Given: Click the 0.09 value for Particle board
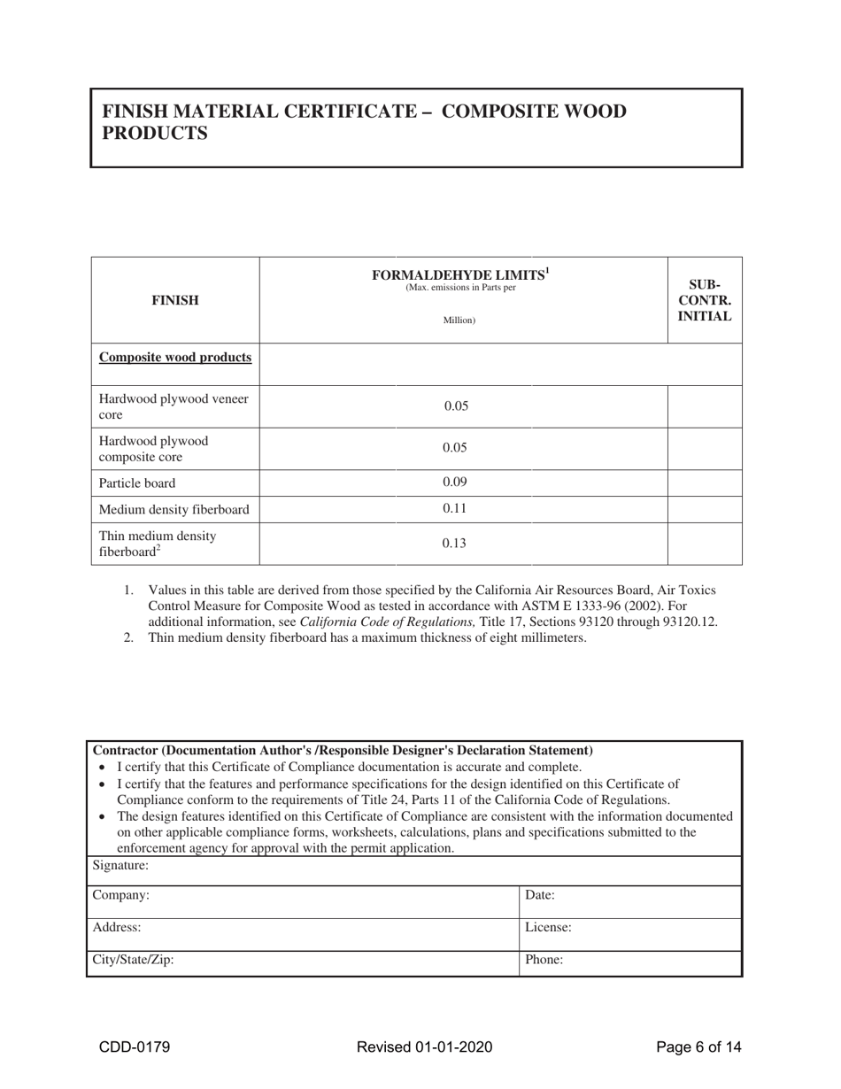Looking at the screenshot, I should coord(454,483).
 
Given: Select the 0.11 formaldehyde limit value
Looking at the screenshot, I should coord(454,508).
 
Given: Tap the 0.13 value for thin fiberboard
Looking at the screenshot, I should coord(454,544).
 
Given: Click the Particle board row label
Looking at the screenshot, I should coord(137,483).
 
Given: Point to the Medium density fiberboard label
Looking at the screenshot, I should coord(174,509).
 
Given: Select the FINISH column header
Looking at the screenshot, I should coord(174,300).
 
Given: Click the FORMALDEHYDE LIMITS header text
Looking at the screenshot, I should coord(460,274).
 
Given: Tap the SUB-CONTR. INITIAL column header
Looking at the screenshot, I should coord(705,300).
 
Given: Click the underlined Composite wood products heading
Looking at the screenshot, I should coord(175,358).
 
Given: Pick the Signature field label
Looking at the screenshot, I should coord(120,865).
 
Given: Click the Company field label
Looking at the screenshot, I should coord(121,895).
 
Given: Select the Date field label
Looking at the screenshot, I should coord(540,895).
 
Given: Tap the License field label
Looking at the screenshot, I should coord(548,928).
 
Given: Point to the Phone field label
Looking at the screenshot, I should coord(544,959).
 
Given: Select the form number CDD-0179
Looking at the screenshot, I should coord(135,1047).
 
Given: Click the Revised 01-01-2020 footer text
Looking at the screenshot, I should coord(424,1047).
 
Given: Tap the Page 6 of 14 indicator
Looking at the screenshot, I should coord(698,1047).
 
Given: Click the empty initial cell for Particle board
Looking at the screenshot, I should coord(705,483).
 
